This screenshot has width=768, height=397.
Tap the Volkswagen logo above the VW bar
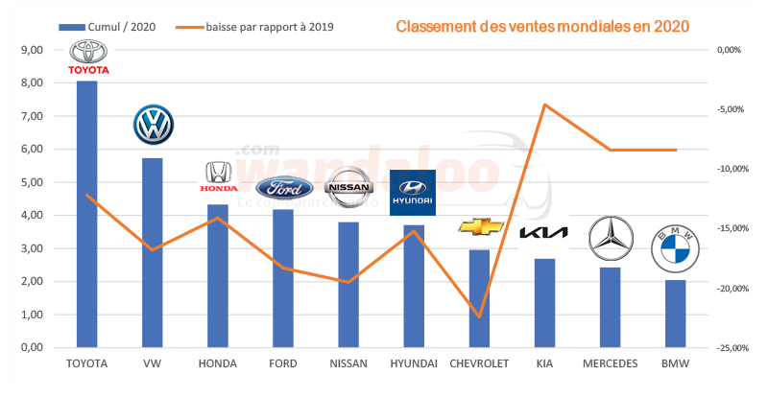point(152,125)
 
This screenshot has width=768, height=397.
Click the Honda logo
point(217,176)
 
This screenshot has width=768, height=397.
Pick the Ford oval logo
point(282,187)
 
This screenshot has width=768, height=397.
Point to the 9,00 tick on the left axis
point(32,50)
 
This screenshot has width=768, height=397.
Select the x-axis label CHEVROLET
point(480,364)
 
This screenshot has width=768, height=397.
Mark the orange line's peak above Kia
point(544,104)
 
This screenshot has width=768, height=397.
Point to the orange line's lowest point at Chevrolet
point(479,316)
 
